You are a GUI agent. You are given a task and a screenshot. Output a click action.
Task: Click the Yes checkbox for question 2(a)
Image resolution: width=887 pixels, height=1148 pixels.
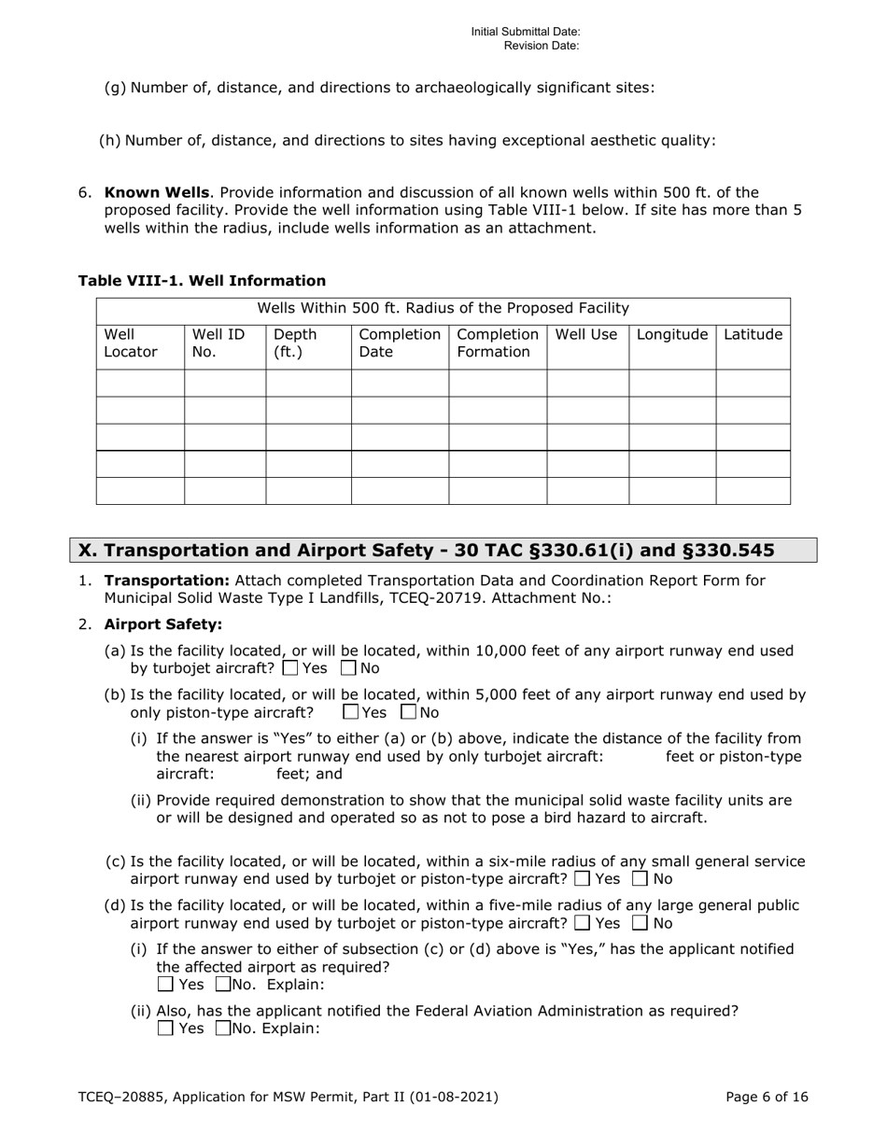point(289,668)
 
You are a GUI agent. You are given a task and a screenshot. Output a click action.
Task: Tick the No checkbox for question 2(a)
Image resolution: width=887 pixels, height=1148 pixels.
point(348,668)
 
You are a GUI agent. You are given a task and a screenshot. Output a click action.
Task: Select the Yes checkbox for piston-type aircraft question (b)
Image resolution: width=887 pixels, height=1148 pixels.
point(351,712)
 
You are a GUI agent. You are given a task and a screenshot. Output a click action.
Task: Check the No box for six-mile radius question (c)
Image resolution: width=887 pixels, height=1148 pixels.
point(641,879)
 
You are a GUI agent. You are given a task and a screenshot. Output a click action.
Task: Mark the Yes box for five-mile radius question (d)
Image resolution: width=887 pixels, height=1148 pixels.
point(582,923)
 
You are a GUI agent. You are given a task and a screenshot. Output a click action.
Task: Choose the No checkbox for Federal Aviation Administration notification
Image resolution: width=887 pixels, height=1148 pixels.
point(223,1029)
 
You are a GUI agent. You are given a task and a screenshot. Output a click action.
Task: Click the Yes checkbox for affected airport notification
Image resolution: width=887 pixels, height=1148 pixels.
point(165,985)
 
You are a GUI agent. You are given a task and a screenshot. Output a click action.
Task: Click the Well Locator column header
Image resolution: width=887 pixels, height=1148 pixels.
point(131,343)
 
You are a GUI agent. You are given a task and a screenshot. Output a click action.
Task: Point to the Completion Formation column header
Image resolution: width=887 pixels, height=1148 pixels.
point(497,343)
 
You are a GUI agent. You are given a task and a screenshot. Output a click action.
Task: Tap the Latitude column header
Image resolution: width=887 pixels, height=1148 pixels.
point(753,334)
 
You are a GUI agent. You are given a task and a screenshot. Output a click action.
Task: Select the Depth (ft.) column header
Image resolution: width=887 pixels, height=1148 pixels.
point(295,343)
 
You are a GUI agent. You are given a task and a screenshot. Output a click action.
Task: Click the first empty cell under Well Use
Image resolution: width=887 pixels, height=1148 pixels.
point(587,384)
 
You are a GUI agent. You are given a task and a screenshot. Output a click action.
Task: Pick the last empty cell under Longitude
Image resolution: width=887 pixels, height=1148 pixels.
point(671,491)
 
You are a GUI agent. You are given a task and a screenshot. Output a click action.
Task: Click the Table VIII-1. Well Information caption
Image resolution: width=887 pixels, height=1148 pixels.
point(202,281)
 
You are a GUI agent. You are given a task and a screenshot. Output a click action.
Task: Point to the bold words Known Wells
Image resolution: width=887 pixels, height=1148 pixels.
point(156,193)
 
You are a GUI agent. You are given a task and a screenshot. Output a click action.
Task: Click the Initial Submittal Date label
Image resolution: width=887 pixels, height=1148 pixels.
point(526,32)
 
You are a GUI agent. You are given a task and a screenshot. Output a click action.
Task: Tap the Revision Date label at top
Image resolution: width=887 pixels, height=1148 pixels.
point(542,45)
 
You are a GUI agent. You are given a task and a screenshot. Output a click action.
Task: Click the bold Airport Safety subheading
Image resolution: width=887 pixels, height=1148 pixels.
point(162,624)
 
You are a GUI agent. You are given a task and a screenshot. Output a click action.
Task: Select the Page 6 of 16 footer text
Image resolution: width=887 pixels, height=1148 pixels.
point(767,1098)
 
